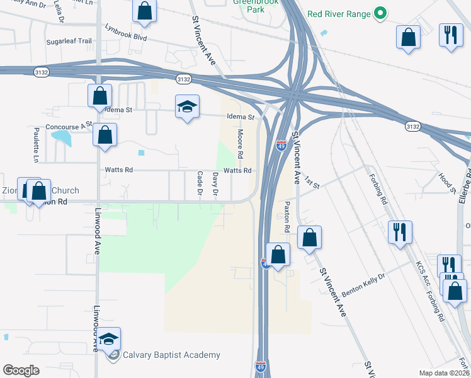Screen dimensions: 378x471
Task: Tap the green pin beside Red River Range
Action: click(380, 13)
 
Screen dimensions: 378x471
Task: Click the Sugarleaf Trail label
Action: click(69, 42)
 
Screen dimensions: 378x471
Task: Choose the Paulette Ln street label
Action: click(36, 144)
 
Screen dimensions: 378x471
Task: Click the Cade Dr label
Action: click(200, 181)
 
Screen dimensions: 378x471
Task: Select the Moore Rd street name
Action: click(240, 144)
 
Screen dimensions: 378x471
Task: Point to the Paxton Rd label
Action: click(287, 215)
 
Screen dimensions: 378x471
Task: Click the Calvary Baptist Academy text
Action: click(172, 355)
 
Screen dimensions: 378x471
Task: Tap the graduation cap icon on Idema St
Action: click(187, 107)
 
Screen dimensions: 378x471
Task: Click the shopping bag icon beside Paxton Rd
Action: click(309, 237)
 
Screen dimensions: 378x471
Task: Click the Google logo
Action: click(21, 370)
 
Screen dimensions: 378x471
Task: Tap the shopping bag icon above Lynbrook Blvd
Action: click(145, 10)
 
